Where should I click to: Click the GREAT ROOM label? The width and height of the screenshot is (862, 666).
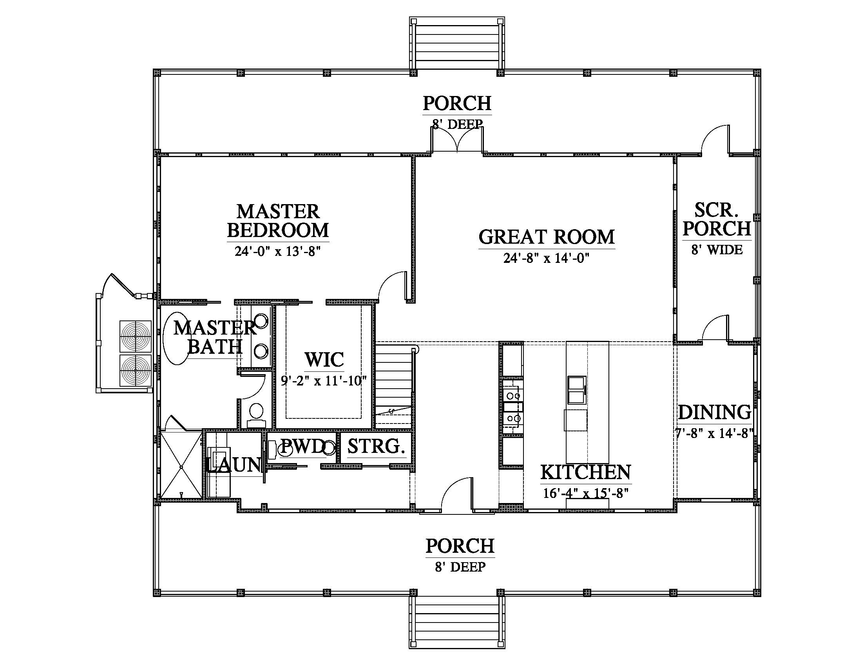tap(547, 237)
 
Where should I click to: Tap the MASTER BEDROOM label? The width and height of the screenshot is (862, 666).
tap(278, 221)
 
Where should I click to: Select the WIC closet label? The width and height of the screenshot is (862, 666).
tap(324, 360)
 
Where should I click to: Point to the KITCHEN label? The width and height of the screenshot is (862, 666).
tap(586, 472)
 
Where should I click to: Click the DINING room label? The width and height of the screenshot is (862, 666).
tap(714, 413)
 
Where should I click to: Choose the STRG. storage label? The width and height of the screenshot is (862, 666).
tap(376, 446)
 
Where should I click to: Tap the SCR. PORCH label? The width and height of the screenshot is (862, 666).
tap(717, 219)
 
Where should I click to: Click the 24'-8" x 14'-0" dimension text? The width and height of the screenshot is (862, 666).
tap(547, 259)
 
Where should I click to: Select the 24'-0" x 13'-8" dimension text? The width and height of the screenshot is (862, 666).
tap(277, 252)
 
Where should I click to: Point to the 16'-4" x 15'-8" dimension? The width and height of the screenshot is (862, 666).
tap(586, 493)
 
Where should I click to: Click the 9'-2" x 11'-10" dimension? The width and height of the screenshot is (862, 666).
tap(324, 381)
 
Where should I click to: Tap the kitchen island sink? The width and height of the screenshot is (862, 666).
tap(577, 390)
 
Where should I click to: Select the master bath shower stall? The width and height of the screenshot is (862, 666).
tap(181, 465)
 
